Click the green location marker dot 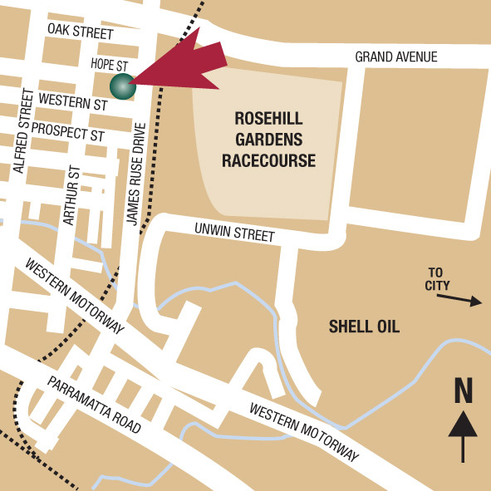pos(122,85)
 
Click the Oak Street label pos(80,32)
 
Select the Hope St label pos(108,64)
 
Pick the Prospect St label pos(74,133)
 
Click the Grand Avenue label pos(395,57)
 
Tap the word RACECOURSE pos(268,160)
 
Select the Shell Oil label pos(364,327)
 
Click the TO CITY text pos(438,279)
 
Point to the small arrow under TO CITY pos(464,301)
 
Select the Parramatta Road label pos(93,405)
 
